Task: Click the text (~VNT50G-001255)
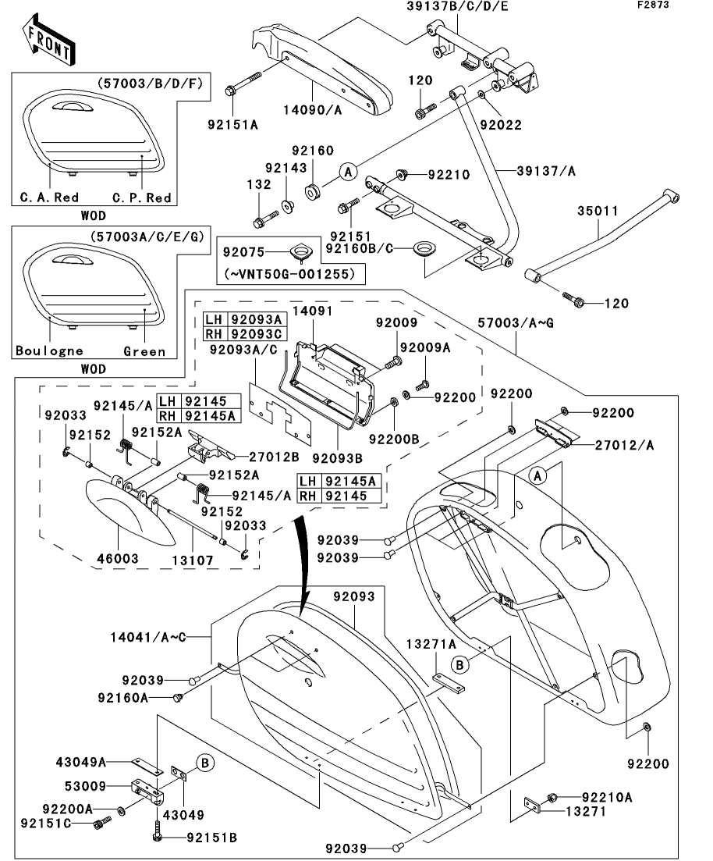pyautogui.click(x=294, y=274)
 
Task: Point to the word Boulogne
pyautogui.click(x=49, y=350)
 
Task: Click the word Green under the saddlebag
pyautogui.click(x=144, y=350)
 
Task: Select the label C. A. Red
pyautogui.click(x=48, y=197)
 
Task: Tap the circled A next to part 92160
pyautogui.click(x=349, y=170)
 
